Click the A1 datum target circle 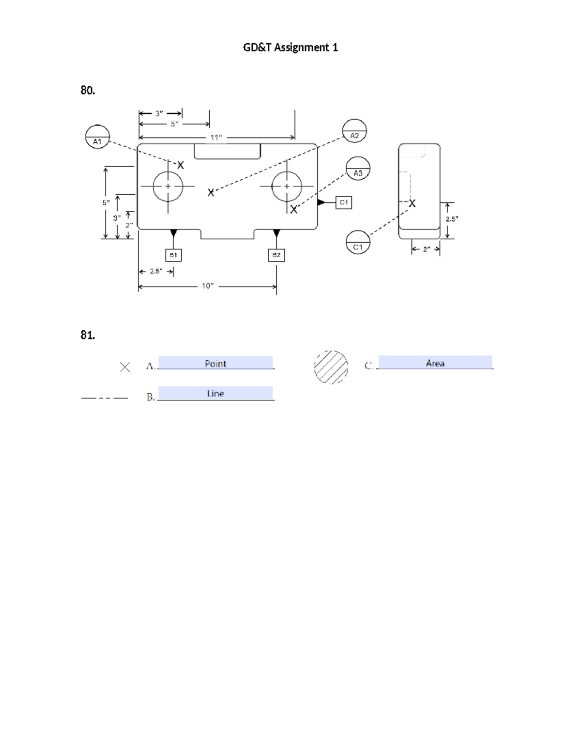click(x=97, y=137)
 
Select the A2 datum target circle click(x=354, y=131)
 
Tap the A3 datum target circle click(x=358, y=169)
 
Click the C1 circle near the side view click(x=358, y=242)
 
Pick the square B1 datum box click(x=173, y=255)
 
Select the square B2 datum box click(x=276, y=255)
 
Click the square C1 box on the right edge click(x=344, y=202)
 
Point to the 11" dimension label click(x=216, y=138)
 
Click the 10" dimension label click(x=208, y=286)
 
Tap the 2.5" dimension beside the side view click(x=452, y=219)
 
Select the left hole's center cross click(x=168, y=186)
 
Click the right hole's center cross click(x=287, y=186)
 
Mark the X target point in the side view click(x=412, y=204)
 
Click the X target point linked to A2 click(x=211, y=193)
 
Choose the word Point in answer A click(x=215, y=364)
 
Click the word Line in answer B click(x=215, y=394)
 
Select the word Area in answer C click(x=435, y=363)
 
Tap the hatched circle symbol click(x=331, y=367)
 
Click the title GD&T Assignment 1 click(x=290, y=47)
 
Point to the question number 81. click(x=88, y=335)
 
